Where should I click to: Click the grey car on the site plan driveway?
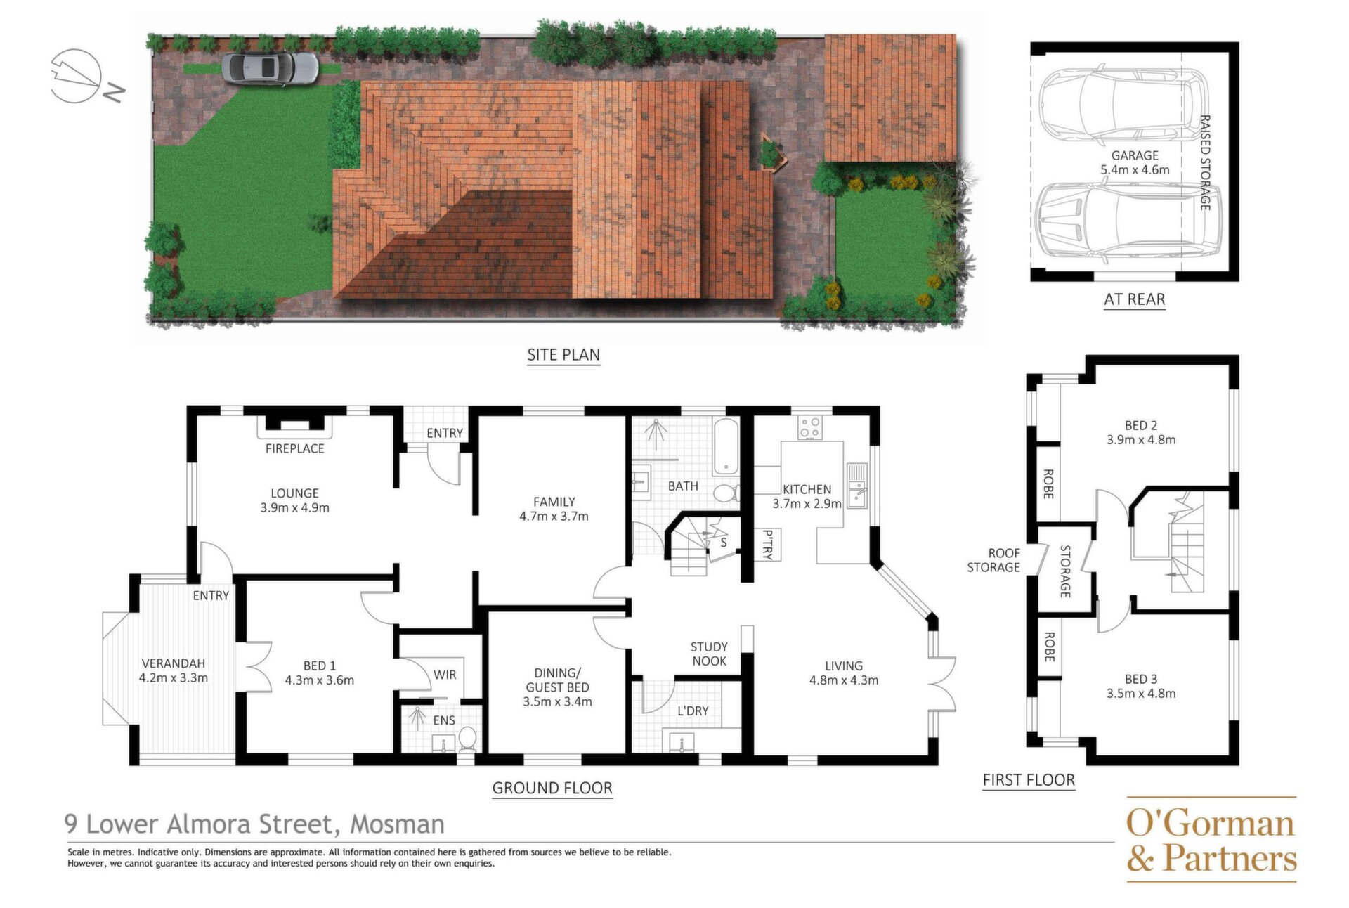pyautogui.click(x=270, y=67)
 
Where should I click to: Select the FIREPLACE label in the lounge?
pyautogui.click(x=295, y=448)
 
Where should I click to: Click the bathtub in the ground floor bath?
pyautogui.click(x=726, y=447)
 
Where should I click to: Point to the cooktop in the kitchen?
pyautogui.click(x=810, y=427)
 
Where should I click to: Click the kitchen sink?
pyautogui.click(x=857, y=485)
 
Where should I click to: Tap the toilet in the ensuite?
pyautogui.click(x=467, y=739)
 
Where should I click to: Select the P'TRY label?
pyautogui.click(x=767, y=545)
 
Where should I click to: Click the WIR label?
pyautogui.click(x=445, y=675)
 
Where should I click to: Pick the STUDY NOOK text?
pyautogui.click(x=709, y=654)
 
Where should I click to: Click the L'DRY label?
pyautogui.click(x=693, y=711)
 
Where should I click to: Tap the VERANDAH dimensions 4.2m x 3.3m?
pyautogui.click(x=174, y=678)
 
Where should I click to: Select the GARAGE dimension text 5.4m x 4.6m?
pyautogui.click(x=1135, y=170)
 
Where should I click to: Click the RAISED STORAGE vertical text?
pyautogui.click(x=1205, y=162)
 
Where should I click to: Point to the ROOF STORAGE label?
pyautogui.click(x=993, y=560)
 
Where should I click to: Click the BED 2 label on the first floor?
pyautogui.click(x=1141, y=425)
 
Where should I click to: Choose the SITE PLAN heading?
pyautogui.click(x=563, y=355)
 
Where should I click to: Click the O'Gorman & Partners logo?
pyautogui.click(x=1211, y=839)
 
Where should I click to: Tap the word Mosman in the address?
pyautogui.click(x=398, y=824)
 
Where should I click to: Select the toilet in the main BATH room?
pyautogui.click(x=726, y=491)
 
